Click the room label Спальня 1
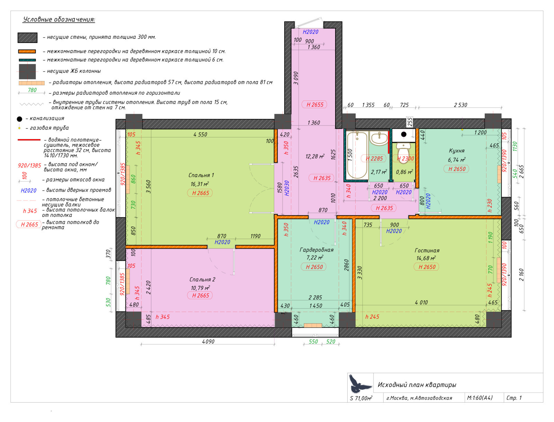pyautogui.click(x=201, y=175)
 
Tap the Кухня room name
pyautogui.click(x=456, y=151)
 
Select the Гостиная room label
pyautogui.click(x=427, y=250)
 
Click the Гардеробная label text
pyautogui.click(x=316, y=250)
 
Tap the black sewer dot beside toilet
pyautogui.click(x=404, y=134)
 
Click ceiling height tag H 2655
pyautogui.click(x=314, y=105)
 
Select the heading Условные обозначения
pyautogui.click(x=59, y=19)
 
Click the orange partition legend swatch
pyautogui.click(x=27, y=51)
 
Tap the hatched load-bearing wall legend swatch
pyautogui.click(x=27, y=37)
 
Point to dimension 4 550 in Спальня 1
pyautogui.click(x=200, y=134)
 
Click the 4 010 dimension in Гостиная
pyautogui.click(x=421, y=302)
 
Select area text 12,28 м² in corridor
pyautogui.click(x=314, y=157)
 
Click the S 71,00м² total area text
pyautogui.click(x=361, y=398)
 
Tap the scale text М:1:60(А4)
pyautogui.click(x=480, y=398)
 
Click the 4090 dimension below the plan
pyautogui.click(x=208, y=342)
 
